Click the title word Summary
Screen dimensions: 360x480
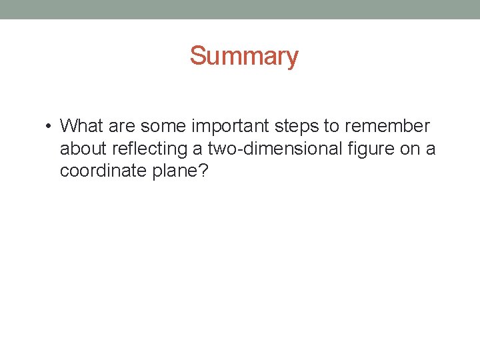pyautogui.click(x=244, y=56)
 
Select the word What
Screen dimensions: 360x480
pyautogui.click(x=81, y=126)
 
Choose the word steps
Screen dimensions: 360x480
pyautogui.click(x=297, y=127)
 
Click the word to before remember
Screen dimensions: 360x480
pyautogui.click(x=331, y=126)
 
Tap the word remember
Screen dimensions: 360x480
pyautogui.click(x=388, y=126)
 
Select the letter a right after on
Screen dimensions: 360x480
pyautogui.click(x=431, y=149)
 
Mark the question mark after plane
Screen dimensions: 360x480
pyautogui.click(x=204, y=171)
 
